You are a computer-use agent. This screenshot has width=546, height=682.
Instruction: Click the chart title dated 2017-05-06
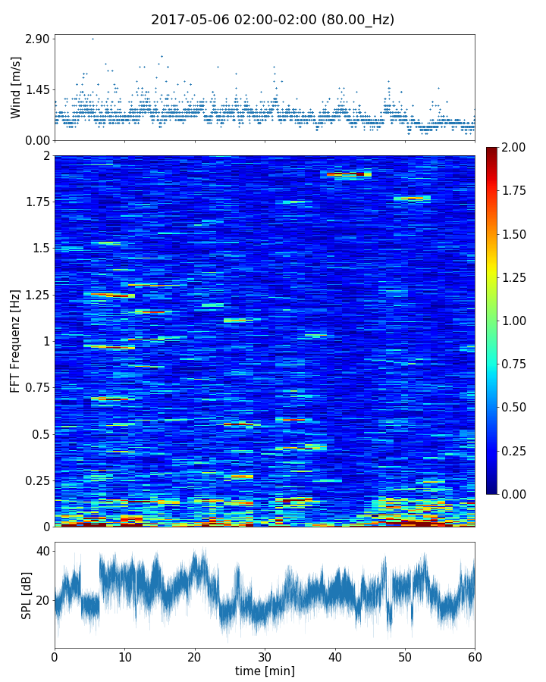pyautogui.click(x=272, y=20)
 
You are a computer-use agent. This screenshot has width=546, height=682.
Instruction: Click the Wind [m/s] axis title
pyautogui.click(x=16, y=87)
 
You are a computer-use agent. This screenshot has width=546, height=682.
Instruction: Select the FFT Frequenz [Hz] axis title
pyautogui.click(x=16, y=341)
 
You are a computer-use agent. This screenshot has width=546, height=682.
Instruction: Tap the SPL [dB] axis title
pyautogui.click(x=27, y=595)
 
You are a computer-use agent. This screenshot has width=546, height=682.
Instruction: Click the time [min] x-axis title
pyautogui.click(x=265, y=671)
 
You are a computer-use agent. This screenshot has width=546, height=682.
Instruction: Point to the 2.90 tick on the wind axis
pyautogui.click(x=36, y=39)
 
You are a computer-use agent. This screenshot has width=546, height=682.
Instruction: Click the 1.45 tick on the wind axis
pyautogui.click(x=36, y=89)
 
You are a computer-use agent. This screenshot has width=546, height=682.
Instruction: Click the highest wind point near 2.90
pyautogui.click(x=93, y=39)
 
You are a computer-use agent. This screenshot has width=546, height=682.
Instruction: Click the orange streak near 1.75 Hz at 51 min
pyautogui.click(x=413, y=199)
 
